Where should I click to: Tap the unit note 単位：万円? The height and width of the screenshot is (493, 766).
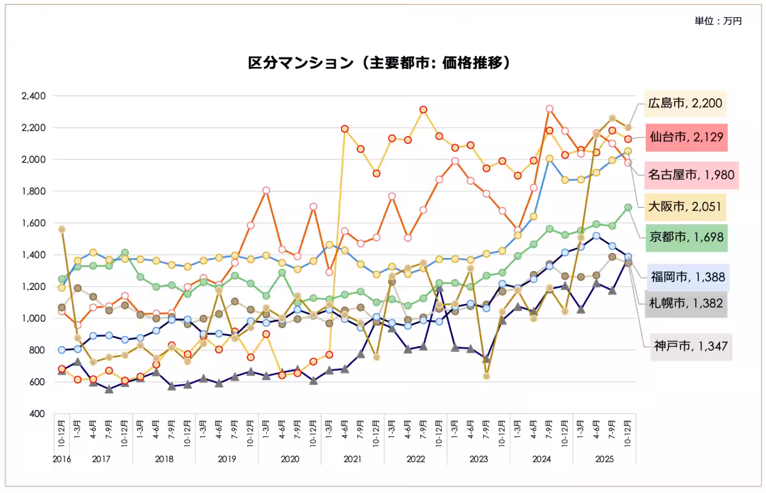(x=718, y=22)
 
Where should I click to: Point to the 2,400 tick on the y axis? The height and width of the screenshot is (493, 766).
(x=33, y=96)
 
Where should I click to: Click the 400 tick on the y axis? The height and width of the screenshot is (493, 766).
(x=37, y=414)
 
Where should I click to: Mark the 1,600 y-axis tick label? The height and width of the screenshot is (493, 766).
(x=33, y=224)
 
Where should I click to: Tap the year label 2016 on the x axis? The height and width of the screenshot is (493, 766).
(x=62, y=459)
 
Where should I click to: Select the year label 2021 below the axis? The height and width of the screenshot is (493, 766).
(x=352, y=459)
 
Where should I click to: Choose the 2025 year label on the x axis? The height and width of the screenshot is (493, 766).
(x=603, y=459)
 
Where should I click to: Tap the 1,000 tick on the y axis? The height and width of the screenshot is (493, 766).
(x=33, y=319)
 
